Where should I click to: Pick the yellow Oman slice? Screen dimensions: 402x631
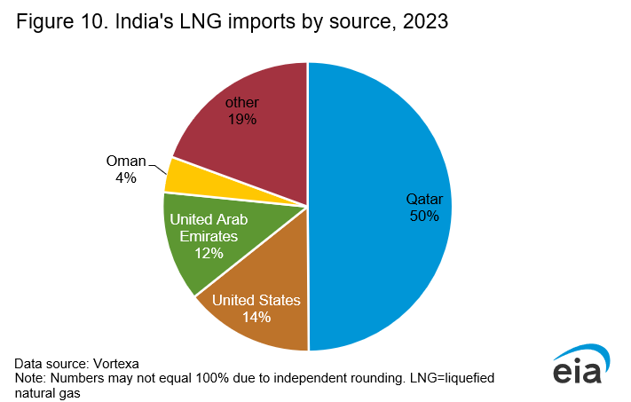coord(191,177)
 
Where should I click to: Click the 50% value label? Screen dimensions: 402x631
coord(423,216)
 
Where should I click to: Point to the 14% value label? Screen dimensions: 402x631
coord(257,316)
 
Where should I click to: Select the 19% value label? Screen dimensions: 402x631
coord(241,119)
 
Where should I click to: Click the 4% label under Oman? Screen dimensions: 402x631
coord(125,177)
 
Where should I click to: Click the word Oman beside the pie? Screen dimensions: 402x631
coord(125,161)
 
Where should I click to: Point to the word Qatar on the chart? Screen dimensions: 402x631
coord(423,199)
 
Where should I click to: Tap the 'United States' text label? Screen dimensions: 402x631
coord(257,300)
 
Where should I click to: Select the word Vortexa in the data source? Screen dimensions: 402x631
coord(114,363)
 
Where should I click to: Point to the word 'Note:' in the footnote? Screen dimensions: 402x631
coord(30,377)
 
